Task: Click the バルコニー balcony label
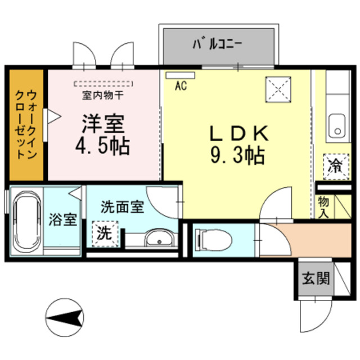(x=218, y=43)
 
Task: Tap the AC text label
(x=180, y=86)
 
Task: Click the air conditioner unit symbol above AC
(x=180, y=75)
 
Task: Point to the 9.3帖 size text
(x=237, y=155)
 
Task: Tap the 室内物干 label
(x=103, y=95)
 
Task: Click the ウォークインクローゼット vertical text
(x=26, y=123)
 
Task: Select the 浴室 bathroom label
(x=62, y=219)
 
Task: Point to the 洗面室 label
(x=122, y=206)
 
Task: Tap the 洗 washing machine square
(x=105, y=232)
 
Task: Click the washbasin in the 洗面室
(x=160, y=240)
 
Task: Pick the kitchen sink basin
(x=337, y=124)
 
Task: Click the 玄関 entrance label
(x=315, y=278)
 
